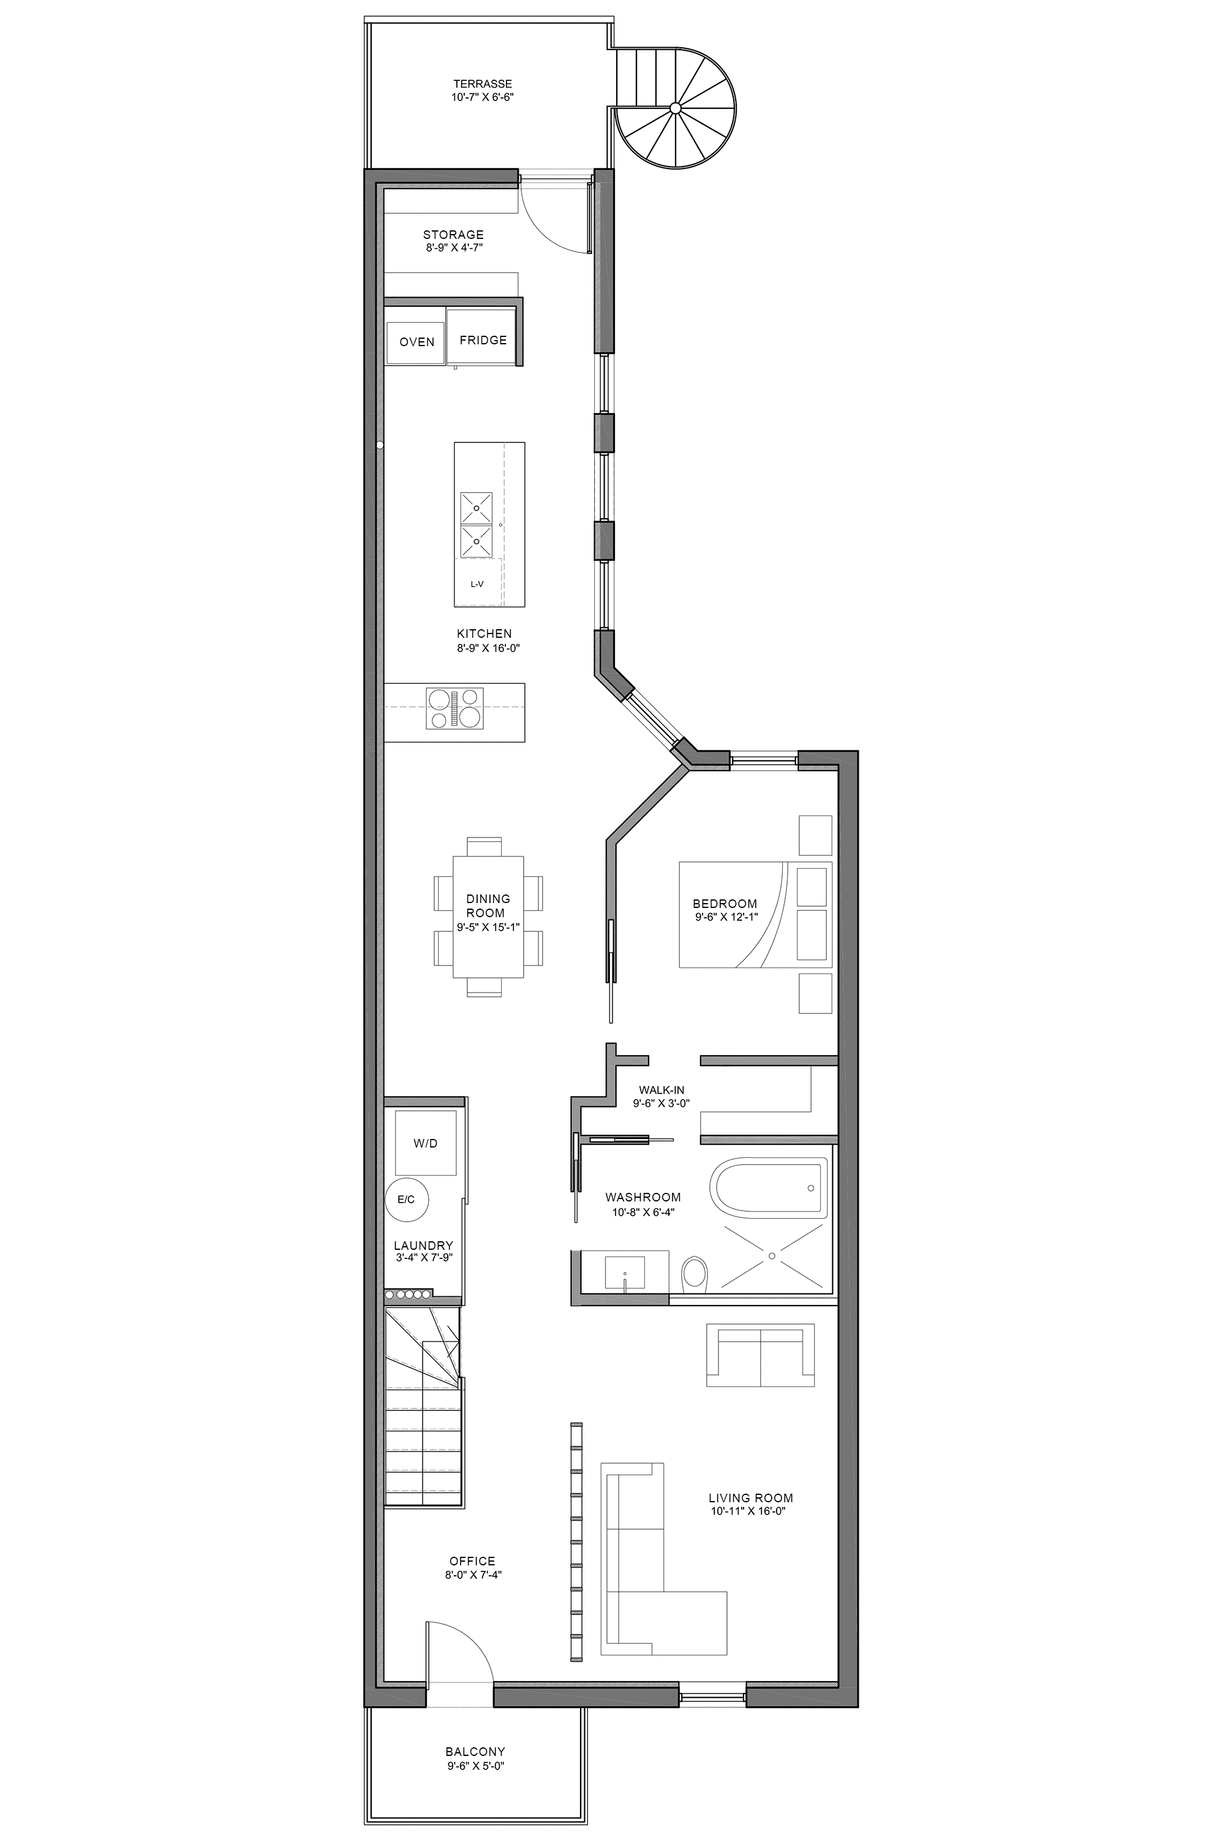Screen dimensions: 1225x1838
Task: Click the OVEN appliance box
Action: coord(416,341)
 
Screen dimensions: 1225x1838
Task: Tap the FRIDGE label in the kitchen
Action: coord(483,340)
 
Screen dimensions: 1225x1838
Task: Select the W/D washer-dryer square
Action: coord(425,1143)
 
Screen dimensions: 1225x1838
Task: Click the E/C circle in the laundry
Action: coord(406,1199)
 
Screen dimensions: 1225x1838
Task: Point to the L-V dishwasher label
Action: coord(477,584)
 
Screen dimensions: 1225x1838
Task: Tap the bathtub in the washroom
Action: coord(768,1188)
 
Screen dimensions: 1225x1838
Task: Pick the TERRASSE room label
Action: coord(483,83)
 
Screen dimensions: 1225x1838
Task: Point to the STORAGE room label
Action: coord(453,235)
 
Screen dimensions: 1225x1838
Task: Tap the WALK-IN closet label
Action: coord(661,1090)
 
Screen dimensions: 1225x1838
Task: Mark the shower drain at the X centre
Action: coord(772,1256)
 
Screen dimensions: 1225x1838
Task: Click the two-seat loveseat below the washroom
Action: coord(760,1356)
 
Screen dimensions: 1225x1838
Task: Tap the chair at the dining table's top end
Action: coord(484,845)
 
